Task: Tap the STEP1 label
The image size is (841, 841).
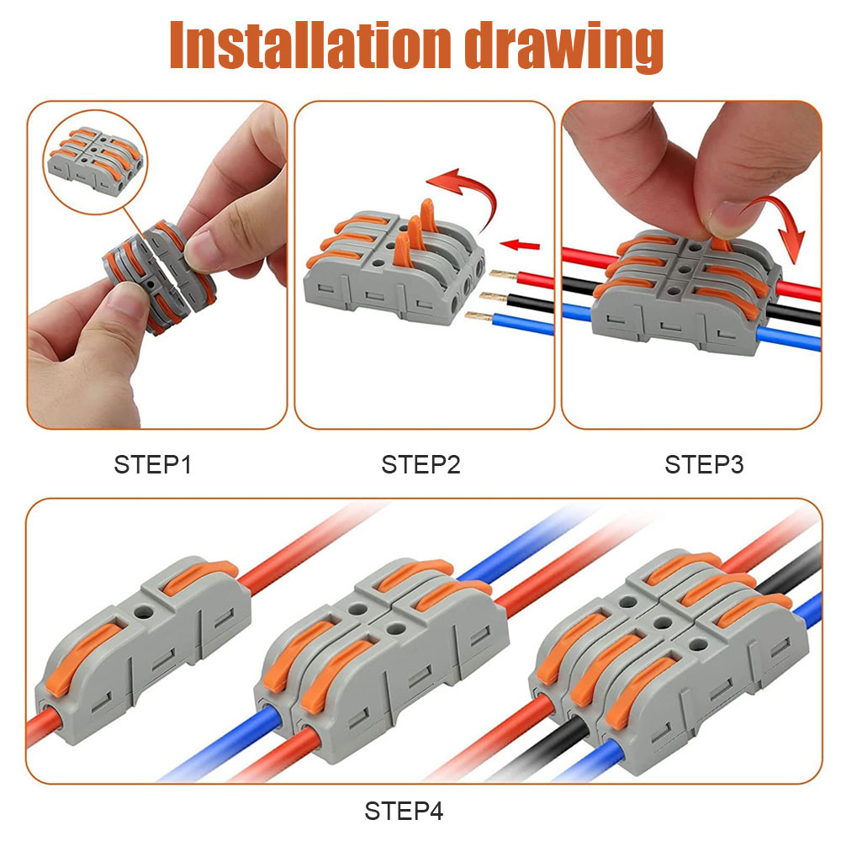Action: (x=153, y=464)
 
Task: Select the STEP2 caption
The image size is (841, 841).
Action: (x=420, y=464)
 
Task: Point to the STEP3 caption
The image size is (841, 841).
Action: (x=704, y=464)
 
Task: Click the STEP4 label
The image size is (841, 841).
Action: (x=404, y=811)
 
